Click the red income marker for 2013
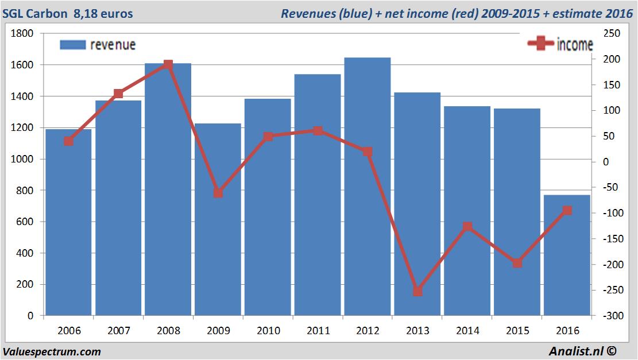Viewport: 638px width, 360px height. [x=417, y=291]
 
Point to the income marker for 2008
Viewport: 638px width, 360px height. [x=168, y=64]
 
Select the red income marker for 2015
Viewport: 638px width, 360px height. [x=517, y=263]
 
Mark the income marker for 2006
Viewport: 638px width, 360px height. [x=69, y=141]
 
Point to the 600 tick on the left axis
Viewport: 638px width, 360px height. [x=25, y=222]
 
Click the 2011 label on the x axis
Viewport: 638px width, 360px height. [x=318, y=331]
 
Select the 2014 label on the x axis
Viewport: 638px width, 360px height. [x=467, y=331]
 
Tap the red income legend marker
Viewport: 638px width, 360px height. [x=541, y=44]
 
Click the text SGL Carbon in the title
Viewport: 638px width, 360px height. [x=35, y=13]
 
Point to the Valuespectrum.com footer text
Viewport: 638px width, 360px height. [x=52, y=351]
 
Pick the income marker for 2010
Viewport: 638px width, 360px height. [x=268, y=137]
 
